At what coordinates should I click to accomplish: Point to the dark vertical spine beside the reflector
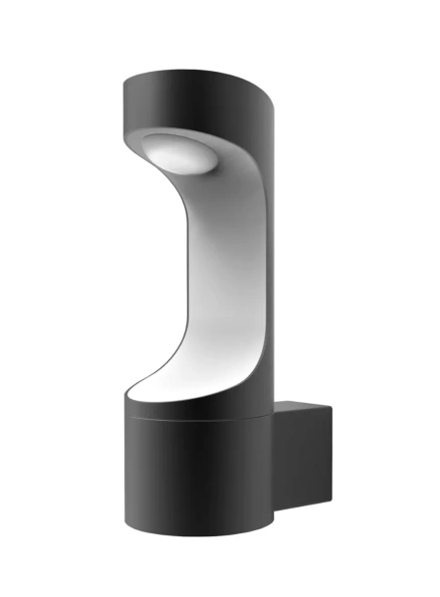[x=260, y=249]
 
